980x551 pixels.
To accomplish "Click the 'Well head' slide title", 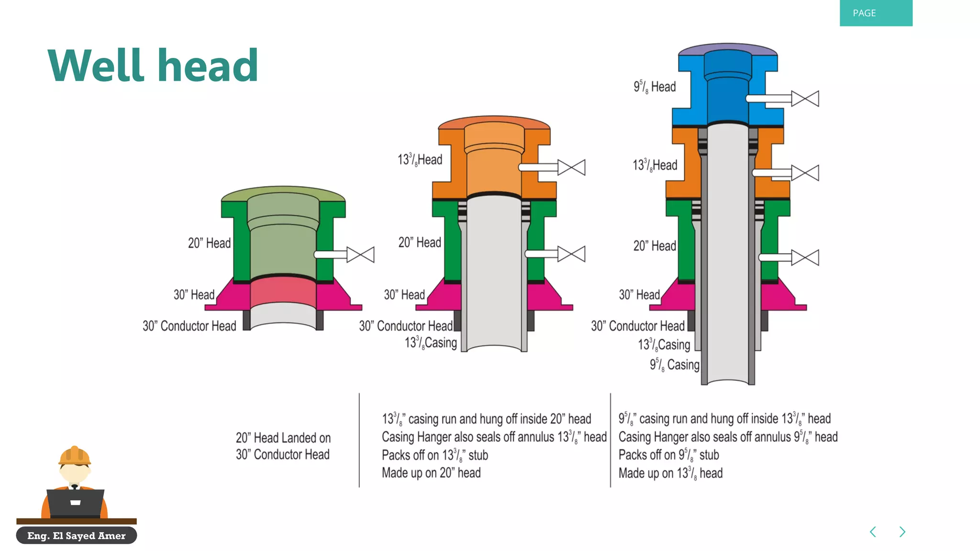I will pos(153,66).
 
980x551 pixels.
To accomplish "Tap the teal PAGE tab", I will pos(875,13).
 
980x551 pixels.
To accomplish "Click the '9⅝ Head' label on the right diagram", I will pos(654,87).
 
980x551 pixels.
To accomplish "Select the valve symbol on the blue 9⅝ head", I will pos(805,99).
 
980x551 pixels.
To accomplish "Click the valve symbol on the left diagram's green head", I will pos(360,254).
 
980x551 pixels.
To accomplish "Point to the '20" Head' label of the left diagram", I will pos(209,243).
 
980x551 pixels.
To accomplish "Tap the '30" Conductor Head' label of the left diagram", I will pos(189,326).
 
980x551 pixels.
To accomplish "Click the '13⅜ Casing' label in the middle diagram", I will pos(431,343).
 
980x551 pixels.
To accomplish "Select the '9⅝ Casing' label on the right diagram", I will pos(674,365).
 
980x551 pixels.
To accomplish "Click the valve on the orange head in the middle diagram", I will pos(571,167).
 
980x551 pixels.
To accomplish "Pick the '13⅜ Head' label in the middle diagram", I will pos(420,160).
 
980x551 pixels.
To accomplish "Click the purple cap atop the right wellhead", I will pos(727,48).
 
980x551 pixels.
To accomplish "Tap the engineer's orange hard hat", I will pos(74,455).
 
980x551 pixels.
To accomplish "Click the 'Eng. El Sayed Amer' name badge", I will pos(77,536).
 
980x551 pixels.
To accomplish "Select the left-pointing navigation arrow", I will pos(873,532).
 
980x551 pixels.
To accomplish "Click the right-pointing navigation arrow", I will pos(902,532).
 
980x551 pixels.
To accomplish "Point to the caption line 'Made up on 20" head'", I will pos(431,473).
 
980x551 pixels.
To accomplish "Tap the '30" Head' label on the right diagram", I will pos(639,295).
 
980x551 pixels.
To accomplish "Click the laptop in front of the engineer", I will pos(75,503).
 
